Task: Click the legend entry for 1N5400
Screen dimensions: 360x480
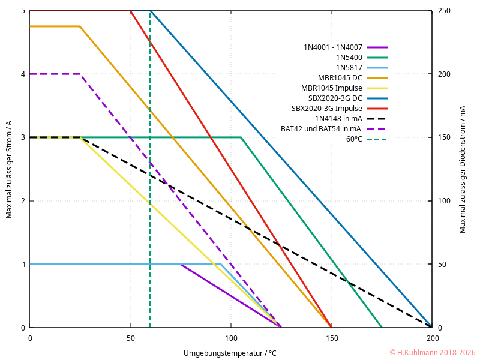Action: click(349, 57)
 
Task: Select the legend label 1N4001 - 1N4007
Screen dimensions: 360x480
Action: click(333, 47)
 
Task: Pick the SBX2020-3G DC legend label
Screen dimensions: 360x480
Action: click(335, 98)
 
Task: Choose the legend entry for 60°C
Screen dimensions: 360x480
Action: click(354, 139)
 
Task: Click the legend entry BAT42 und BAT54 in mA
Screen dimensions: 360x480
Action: click(321, 128)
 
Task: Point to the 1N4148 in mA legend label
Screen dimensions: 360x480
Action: click(338, 118)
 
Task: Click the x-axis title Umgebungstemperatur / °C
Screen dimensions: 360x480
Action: click(230, 353)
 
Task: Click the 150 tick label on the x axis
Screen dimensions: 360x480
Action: click(331, 338)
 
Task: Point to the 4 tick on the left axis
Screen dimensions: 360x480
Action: click(23, 74)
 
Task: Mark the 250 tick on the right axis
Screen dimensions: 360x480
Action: click(443, 11)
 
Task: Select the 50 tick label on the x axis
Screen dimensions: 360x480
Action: click(130, 338)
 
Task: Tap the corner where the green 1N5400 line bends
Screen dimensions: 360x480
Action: click(241, 137)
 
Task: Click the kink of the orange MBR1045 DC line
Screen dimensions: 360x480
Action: click(80, 26)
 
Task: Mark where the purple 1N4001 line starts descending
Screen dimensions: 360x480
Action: click(181, 264)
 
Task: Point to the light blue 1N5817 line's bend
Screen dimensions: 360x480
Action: click(221, 264)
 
